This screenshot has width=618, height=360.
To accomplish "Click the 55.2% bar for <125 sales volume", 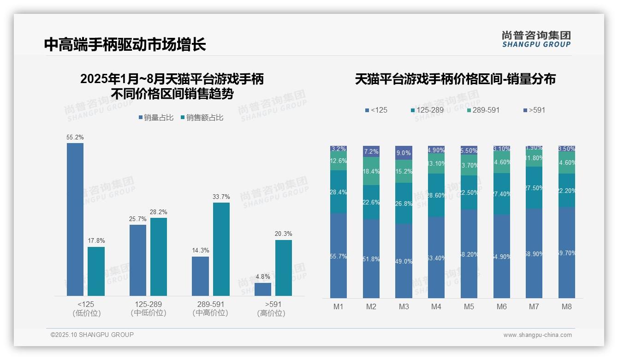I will point(75,219).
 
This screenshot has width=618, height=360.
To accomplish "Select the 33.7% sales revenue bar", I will point(221,249).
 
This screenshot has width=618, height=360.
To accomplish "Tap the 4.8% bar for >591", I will point(263,289).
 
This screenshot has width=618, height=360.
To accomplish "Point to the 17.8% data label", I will point(96,240).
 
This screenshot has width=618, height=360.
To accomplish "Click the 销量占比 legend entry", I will point(156,118).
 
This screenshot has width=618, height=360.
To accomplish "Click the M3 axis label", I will point(404,306).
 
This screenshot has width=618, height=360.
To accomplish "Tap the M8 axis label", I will point(567,306).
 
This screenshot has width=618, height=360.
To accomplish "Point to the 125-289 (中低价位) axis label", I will point(149,309).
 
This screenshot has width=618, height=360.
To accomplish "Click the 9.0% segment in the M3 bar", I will point(404,153).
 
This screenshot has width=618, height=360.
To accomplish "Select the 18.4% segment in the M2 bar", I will point(371,171).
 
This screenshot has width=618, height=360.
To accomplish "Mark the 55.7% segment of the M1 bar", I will point(339,256).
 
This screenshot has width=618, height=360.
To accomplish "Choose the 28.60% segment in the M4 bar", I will point(436,195).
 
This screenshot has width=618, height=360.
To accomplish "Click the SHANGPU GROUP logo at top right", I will point(536,39).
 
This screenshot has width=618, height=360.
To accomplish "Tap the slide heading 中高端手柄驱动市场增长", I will point(125,44).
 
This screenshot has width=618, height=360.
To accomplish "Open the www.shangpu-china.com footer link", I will point(537,335).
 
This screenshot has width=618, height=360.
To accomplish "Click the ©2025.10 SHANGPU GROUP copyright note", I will point(92,335).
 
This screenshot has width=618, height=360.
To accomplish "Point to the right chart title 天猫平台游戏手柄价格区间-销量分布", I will point(455,79).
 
